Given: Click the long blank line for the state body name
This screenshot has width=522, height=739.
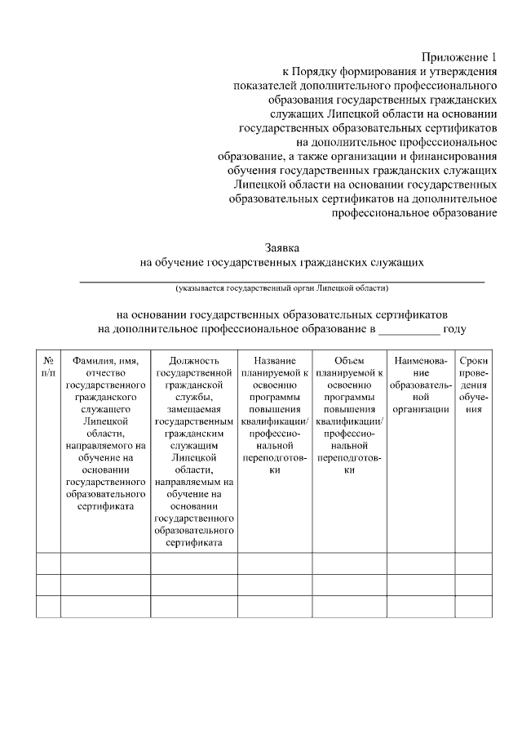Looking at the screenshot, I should tap(281, 279).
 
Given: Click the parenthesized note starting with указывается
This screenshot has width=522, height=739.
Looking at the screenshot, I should tap(281, 288).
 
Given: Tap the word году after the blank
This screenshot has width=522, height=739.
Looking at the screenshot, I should tap(454, 328).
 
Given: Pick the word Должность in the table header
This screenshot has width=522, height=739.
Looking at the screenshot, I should tap(193, 360).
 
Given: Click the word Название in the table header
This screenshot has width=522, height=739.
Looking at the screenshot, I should tap(274, 360).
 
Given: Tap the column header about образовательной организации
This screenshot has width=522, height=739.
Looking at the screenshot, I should tap(420, 385).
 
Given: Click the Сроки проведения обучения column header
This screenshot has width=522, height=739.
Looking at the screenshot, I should tap(474, 385).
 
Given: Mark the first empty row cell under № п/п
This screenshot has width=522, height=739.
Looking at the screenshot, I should tap(48, 563).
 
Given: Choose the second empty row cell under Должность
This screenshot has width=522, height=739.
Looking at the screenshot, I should tap(193, 585).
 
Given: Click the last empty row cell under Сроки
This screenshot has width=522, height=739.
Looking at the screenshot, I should tap(474, 606).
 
